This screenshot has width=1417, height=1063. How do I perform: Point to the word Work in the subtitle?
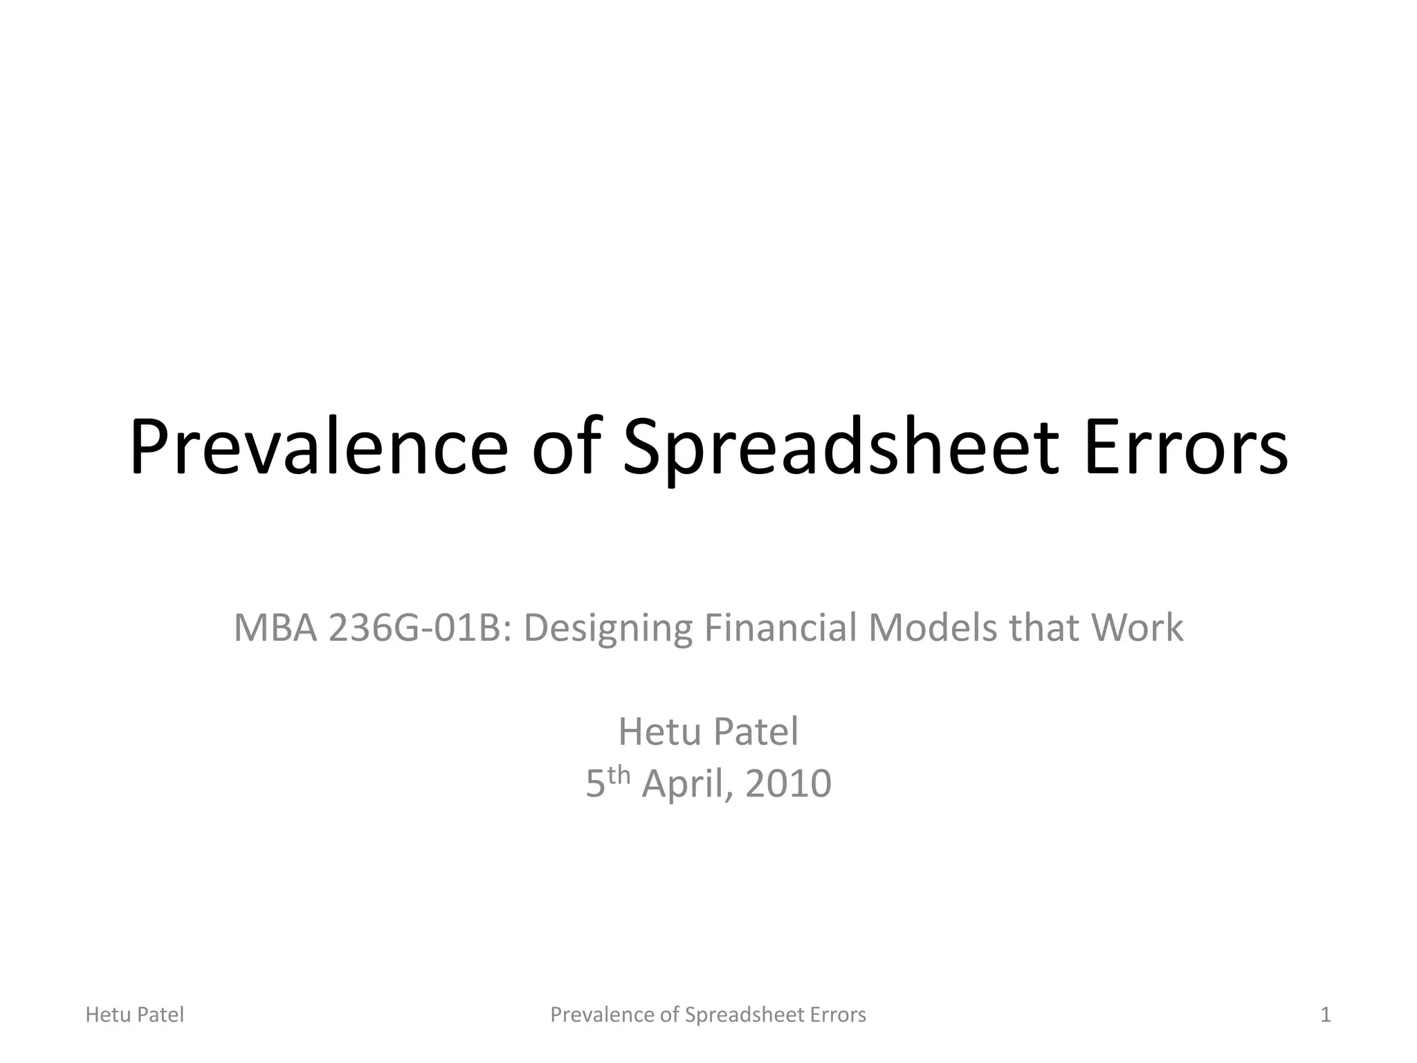click(1137, 628)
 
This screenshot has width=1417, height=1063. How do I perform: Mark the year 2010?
click(788, 783)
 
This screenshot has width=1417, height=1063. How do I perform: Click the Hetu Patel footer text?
click(134, 1015)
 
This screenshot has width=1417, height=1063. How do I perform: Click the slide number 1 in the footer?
click(1325, 1015)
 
